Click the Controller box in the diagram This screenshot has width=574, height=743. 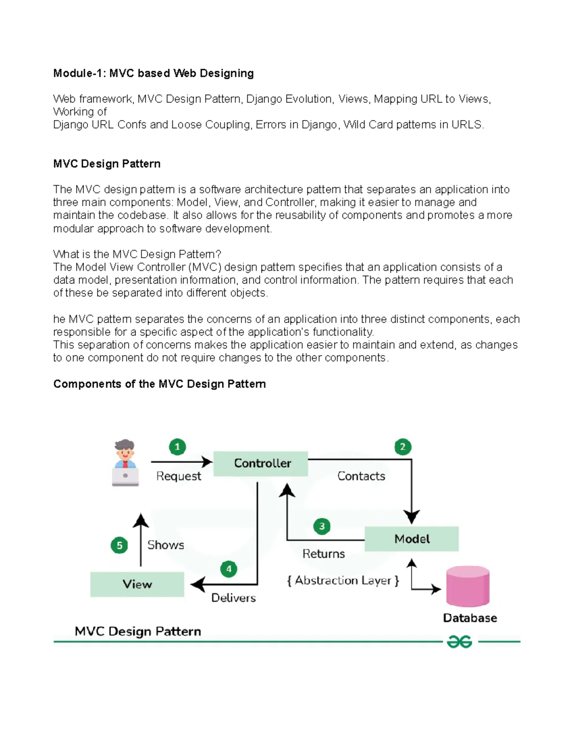click(261, 463)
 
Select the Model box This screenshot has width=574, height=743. click(411, 539)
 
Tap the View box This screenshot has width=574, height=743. click(137, 584)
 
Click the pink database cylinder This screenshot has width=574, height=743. click(467, 586)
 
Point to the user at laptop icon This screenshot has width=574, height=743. click(125, 462)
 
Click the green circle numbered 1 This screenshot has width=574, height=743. click(177, 447)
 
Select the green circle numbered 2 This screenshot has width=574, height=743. click(403, 447)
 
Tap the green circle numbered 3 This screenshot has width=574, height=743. click(322, 526)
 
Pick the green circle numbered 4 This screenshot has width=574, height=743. click(229, 569)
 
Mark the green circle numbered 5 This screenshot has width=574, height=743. click(119, 545)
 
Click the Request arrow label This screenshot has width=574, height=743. click(178, 477)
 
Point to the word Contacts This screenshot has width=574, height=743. click(361, 476)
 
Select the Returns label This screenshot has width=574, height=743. click(323, 554)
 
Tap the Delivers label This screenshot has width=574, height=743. click(233, 598)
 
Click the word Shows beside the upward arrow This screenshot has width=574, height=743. click(166, 545)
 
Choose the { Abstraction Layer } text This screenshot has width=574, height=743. click(343, 580)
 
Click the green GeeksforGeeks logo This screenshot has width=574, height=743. click(459, 642)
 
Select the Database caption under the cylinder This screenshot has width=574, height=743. click(470, 618)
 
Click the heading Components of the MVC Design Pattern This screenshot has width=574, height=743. click(159, 384)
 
